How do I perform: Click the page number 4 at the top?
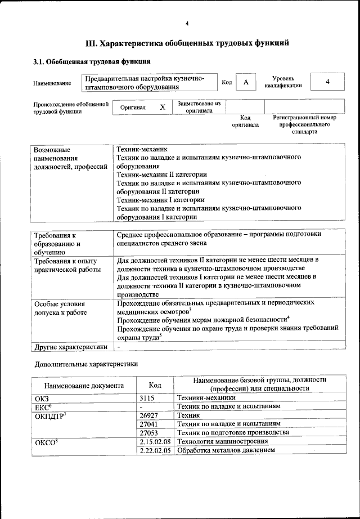tap(187, 23)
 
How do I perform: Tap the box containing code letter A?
tap(246, 82)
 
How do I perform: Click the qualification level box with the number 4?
tap(327, 82)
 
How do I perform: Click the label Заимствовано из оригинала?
tap(199, 107)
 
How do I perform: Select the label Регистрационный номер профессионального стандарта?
tap(304, 124)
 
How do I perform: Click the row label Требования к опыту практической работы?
tap(66, 265)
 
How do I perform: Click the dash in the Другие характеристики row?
tap(119, 346)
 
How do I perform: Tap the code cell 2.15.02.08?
tap(155, 441)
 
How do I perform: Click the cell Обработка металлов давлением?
tap(226, 450)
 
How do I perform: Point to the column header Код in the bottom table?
tap(155, 385)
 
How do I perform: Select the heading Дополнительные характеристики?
tap(86, 364)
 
